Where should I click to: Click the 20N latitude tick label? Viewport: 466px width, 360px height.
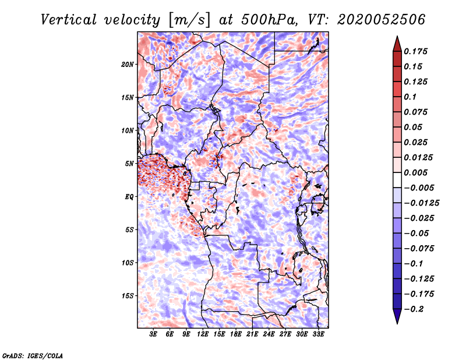128,64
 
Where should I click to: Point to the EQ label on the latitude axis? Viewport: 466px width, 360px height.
129,196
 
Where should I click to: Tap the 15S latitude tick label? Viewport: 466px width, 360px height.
128,295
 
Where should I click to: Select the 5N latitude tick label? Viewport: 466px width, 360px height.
129,163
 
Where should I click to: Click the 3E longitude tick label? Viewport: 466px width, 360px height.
154,334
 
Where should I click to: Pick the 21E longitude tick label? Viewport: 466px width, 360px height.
253,334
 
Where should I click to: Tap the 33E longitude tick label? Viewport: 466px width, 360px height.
318,334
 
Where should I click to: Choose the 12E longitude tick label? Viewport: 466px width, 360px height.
203,334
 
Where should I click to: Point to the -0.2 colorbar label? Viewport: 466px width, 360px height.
417,309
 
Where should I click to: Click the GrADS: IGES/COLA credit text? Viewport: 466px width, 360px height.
32,355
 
